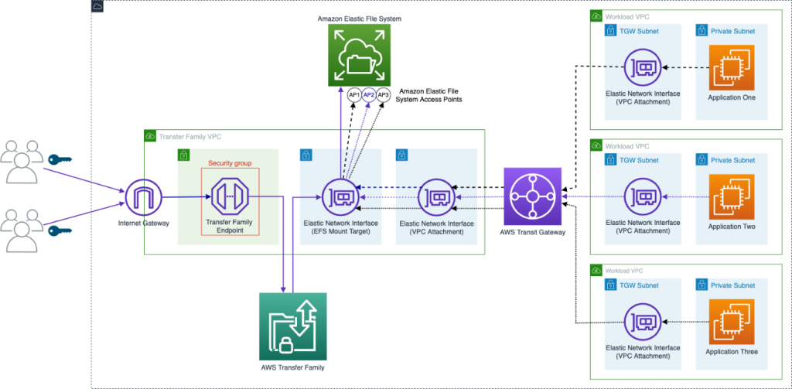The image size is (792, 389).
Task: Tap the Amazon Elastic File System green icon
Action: coord(360,55)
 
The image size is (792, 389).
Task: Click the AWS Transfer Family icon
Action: coord(292,326)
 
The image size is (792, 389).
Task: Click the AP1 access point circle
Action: coord(355,94)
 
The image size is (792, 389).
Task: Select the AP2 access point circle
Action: coord(369,94)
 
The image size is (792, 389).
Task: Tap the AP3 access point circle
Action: coord(383,94)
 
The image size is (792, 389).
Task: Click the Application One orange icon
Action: coord(731,68)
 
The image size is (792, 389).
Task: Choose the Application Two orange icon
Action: coord(731,197)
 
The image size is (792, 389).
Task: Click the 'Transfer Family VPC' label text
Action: coord(189,136)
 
